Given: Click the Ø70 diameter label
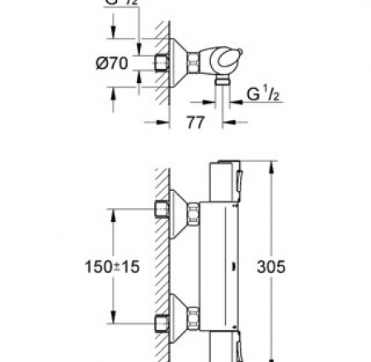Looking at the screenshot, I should (x=124, y=62).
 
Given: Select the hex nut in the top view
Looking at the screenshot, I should (x=192, y=61).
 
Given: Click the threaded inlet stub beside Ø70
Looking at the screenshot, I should (x=160, y=61).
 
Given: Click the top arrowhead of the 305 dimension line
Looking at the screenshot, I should (x=270, y=162).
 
